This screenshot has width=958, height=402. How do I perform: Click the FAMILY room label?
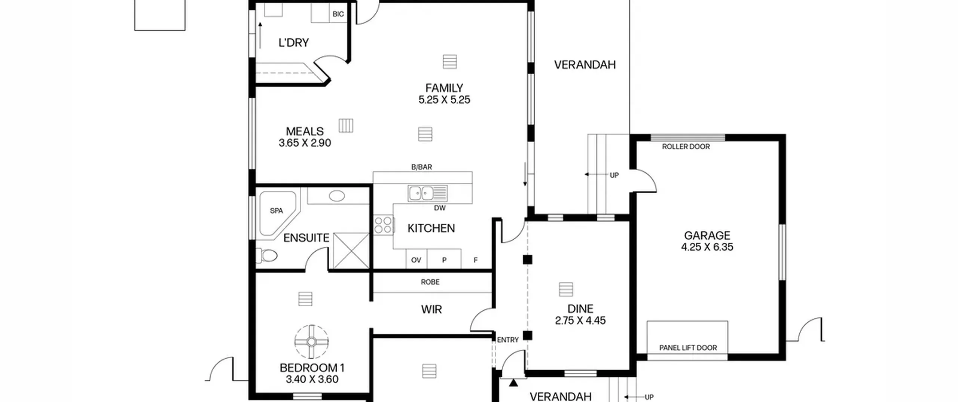pos(444,88)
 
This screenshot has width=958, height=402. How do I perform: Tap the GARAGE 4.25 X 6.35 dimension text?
pos(707,247)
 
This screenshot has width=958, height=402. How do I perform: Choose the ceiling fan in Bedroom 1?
pos(312,342)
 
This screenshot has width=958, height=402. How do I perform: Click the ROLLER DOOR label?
pos(686,147)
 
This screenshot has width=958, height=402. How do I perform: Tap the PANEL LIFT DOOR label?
pos(688,348)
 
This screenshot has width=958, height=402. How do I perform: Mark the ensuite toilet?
pos(267,256)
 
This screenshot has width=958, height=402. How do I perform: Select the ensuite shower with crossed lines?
pos(351,250)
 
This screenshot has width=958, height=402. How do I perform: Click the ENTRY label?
pos(508,340)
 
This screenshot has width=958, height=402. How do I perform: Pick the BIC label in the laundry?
pos(338,14)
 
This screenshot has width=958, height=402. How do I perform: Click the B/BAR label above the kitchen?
pos(422,167)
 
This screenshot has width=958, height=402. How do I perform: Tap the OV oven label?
pos(416,260)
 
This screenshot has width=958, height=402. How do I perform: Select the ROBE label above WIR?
pos(430,282)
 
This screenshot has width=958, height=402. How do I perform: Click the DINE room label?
pos(580,309)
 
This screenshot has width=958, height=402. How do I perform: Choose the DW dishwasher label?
pos(440,208)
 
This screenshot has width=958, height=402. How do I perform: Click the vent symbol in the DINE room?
pos(566,289)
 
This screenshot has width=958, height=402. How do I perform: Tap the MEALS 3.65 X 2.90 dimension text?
pos(305,143)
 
